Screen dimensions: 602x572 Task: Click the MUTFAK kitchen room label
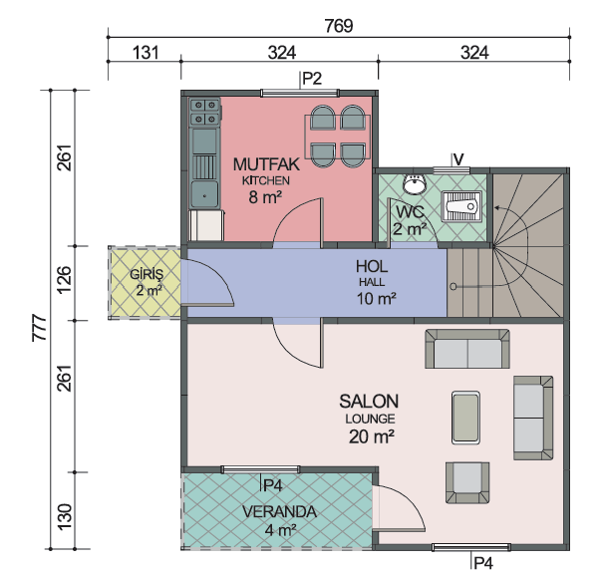266,164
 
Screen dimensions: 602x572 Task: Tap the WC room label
410,211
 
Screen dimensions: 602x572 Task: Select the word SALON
369,402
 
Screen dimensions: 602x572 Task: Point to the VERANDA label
279,512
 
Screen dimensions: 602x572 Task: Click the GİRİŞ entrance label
147,275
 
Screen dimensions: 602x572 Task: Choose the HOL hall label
371,267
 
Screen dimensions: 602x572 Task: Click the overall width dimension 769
339,26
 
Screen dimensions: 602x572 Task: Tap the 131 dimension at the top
146,52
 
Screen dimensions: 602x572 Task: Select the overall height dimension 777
39,328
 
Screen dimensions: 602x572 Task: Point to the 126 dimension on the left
65,279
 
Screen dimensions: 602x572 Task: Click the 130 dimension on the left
65,517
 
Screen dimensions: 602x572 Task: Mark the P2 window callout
312,79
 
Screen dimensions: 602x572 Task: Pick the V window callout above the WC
458,158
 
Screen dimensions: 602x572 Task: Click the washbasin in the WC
415,183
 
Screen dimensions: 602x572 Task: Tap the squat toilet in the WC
461,206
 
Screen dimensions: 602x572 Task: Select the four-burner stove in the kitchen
205,112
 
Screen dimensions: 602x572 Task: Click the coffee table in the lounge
465,418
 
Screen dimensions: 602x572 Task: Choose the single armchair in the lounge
467,482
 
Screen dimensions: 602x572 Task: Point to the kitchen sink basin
204,194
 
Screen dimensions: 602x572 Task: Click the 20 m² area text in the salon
371,436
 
